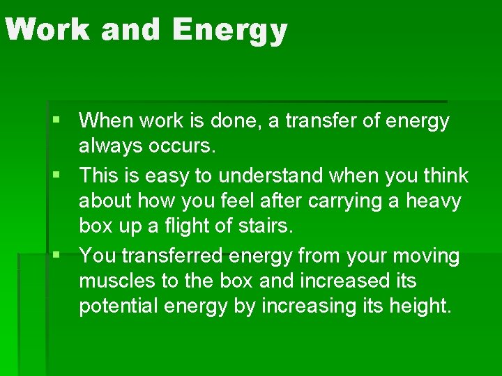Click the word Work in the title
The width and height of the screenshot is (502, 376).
[48, 30]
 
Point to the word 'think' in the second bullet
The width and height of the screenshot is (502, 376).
[443, 175]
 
